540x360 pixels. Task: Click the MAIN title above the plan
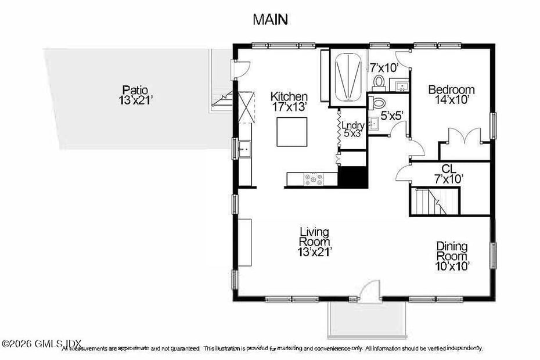pyautogui.click(x=270, y=19)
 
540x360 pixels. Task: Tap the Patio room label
pyautogui.click(x=135, y=89)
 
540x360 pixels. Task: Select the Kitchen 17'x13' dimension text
pyautogui.click(x=289, y=107)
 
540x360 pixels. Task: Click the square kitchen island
pyautogui.click(x=291, y=132)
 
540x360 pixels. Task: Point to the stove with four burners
pyautogui.click(x=314, y=179)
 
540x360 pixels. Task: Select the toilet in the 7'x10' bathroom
pyautogui.click(x=379, y=82)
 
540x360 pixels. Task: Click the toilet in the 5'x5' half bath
pyautogui.click(x=379, y=103)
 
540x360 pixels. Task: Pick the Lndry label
pyautogui.click(x=352, y=125)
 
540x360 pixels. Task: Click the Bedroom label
pyautogui.click(x=451, y=90)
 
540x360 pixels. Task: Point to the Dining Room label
pyautogui.click(x=452, y=251)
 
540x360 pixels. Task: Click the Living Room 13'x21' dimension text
pyautogui.click(x=314, y=251)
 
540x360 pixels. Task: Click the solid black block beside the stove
pyautogui.click(x=352, y=178)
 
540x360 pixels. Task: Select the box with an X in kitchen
pyautogui.click(x=246, y=107)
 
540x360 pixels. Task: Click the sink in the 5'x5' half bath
pyautogui.click(x=374, y=123)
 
